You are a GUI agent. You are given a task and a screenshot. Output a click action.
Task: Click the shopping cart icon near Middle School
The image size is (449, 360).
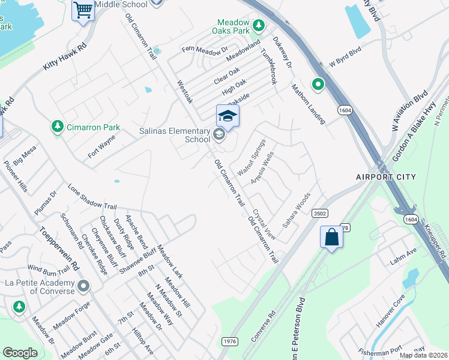point(83,10)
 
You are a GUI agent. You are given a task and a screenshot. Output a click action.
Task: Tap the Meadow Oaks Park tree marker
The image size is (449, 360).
point(259,25)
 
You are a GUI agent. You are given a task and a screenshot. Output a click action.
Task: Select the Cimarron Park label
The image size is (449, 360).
point(93,127)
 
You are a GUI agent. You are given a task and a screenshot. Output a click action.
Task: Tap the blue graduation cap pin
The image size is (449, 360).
point(228,115)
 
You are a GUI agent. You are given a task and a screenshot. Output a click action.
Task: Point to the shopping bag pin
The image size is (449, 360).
point(331,238)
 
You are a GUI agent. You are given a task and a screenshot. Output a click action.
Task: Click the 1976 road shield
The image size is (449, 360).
point(229,341)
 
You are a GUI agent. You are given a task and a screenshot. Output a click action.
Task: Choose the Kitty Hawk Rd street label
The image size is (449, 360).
point(65,61)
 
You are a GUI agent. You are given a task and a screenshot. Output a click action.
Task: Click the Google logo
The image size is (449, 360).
point(20,353)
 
